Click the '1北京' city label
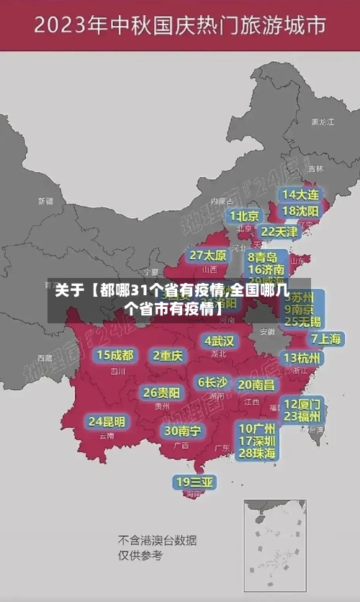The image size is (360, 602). click(x=244, y=215)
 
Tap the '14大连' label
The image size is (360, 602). click(x=302, y=194)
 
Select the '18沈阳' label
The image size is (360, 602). click(x=302, y=210)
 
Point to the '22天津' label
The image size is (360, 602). click(x=279, y=232)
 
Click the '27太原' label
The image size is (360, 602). click(x=208, y=255)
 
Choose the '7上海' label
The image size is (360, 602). click(x=325, y=338)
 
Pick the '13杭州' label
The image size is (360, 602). click(x=302, y=358)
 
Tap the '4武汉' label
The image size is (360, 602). click(x=219, y=340)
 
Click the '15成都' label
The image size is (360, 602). click(x=115, y=354)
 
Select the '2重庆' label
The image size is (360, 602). click(x=168, y=355)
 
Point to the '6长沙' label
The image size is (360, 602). click(x=212, y=382)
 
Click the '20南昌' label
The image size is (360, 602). click(x=256, y=385)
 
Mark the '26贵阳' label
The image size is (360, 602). click(x=161, y=392)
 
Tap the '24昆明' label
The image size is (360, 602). click(x=107, y=421)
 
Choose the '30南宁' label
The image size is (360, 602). click(x=183, y=431)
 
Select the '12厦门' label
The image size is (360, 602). click(x=302, y=403)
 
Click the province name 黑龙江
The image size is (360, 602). click(x=322, y=122)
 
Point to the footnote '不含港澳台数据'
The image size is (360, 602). click(x=158, y=540)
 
